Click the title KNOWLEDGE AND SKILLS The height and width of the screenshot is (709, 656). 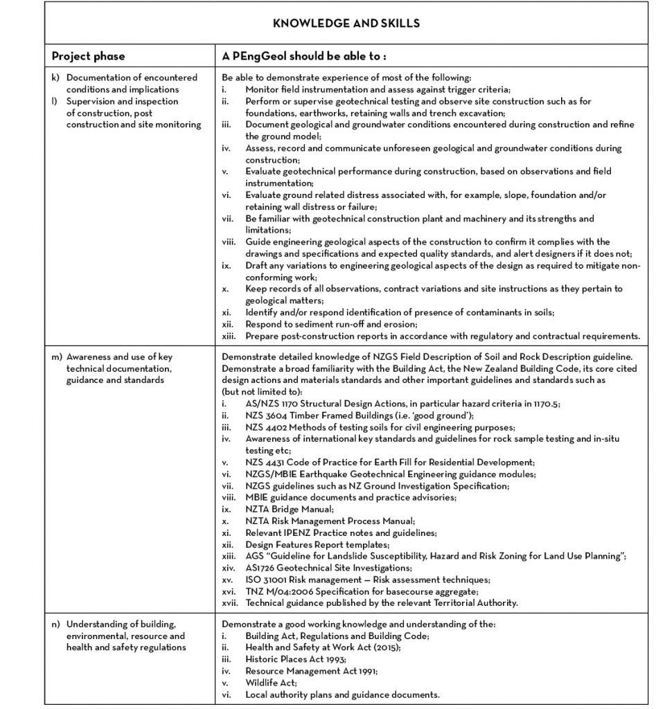coord(346,24)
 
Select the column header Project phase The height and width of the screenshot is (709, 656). coord(88,55)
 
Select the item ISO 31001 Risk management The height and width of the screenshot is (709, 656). coord(367,579)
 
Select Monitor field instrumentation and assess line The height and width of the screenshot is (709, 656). coord(378,89)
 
